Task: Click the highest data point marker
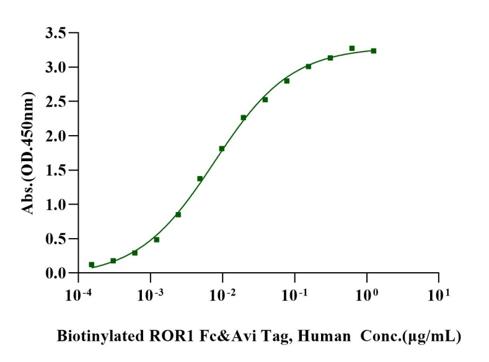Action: (x=351, y=48)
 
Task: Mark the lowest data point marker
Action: (x=92, y=265)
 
